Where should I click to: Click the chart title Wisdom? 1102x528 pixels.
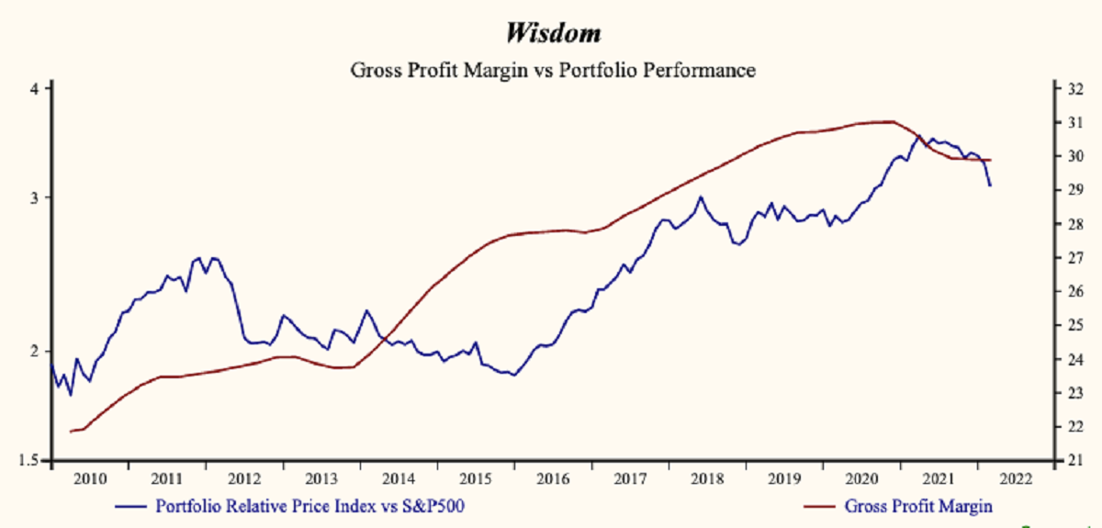tap(552, 33)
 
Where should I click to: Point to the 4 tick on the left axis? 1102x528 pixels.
tap(34, 89)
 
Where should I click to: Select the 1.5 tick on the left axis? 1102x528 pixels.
tap(29, 461)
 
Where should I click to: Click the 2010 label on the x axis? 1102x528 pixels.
tap(89, 478)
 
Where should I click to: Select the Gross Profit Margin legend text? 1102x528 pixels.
tap(918, 505)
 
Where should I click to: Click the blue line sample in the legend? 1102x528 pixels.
tap(130, 506)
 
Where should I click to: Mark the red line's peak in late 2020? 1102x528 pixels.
tap(891, 121)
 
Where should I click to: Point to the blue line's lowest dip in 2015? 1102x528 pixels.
tap(513, 375)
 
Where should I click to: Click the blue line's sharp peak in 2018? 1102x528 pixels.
tap(701, 197)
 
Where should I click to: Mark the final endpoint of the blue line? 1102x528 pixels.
tap(990, 185)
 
